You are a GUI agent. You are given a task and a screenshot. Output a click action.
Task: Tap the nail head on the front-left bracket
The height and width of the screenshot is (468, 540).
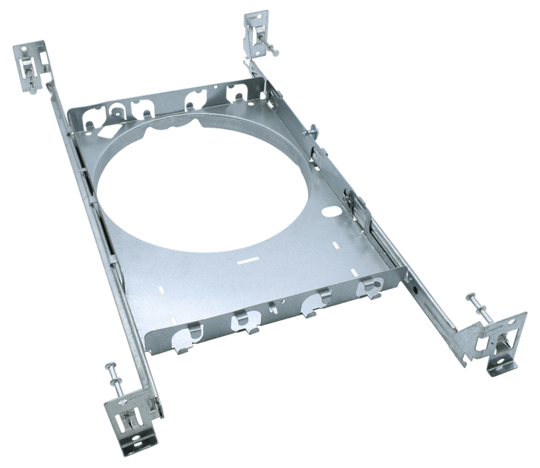108,366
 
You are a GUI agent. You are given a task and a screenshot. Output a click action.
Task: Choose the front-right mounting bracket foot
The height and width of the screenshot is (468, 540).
499,341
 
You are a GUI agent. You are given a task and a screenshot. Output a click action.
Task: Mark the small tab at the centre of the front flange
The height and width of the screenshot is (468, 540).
272,310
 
